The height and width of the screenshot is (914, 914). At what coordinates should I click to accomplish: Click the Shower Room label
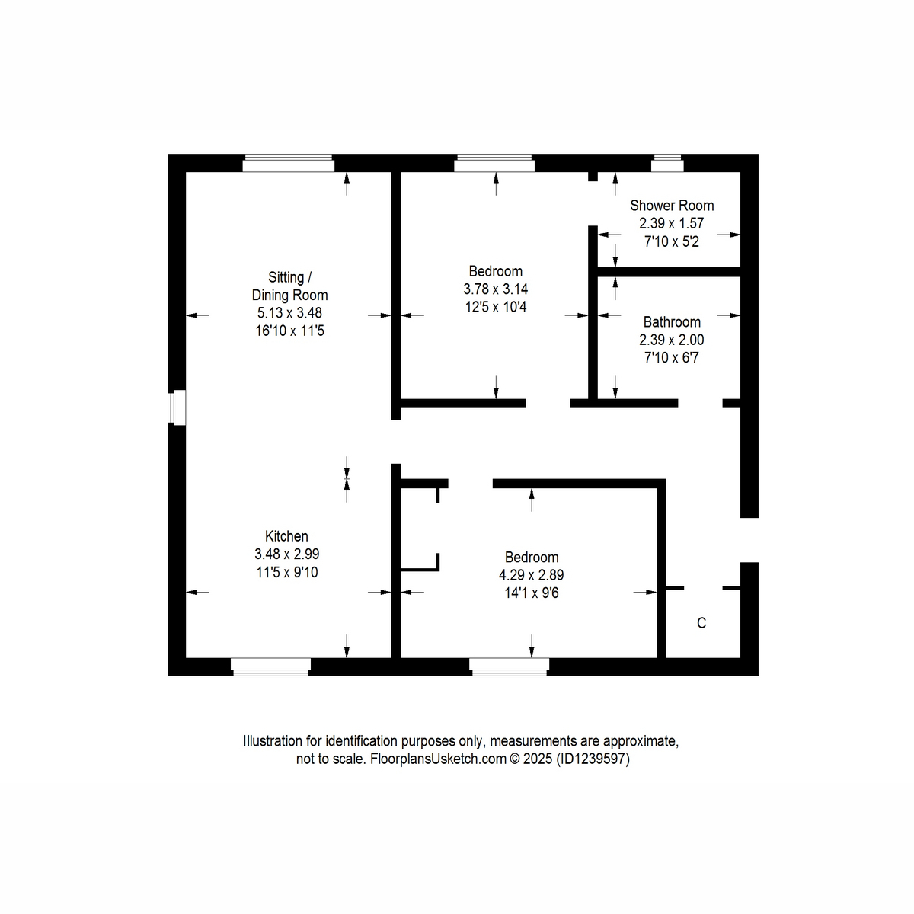672,206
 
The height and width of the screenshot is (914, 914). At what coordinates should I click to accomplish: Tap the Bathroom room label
672,322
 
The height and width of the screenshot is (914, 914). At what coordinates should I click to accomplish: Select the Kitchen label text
286,536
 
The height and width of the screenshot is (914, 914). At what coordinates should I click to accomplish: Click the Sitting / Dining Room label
289,286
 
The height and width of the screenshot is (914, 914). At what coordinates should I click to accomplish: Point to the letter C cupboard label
701,623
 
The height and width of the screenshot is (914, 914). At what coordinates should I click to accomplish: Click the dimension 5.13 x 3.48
289,313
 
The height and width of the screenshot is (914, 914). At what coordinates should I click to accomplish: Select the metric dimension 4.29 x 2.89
531,575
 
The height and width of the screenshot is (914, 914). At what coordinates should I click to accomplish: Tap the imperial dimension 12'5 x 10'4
495,307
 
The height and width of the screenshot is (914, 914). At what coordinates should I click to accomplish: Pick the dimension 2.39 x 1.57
671,224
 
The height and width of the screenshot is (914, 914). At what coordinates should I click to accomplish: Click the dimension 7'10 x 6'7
671,357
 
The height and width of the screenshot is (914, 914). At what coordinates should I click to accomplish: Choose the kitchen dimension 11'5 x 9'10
286,572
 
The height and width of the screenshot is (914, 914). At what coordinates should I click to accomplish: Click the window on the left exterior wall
178,407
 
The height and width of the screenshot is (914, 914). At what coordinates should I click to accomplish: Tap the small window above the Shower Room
667,163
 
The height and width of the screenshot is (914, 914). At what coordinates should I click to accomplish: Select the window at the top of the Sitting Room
288,163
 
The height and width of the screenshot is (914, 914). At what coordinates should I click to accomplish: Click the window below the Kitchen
270,666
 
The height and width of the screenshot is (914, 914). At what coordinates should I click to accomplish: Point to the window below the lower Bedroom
509,666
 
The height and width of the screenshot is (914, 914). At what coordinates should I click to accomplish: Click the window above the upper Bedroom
494,163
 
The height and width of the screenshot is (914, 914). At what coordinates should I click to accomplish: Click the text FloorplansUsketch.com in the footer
438,759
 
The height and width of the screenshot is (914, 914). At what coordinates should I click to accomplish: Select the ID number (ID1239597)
593,759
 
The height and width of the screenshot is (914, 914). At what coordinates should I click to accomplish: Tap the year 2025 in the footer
537,759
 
